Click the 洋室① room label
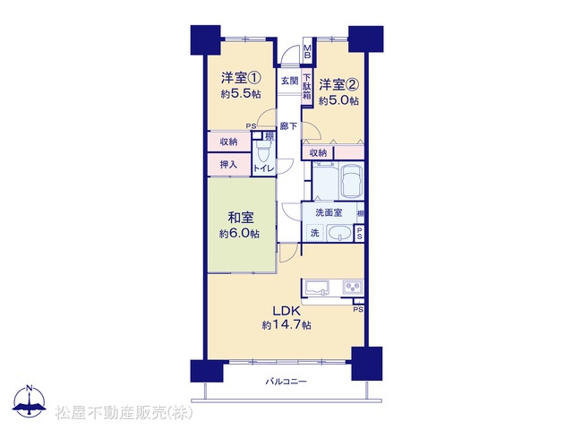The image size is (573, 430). coord(241,78)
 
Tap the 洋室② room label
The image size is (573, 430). coord(338,85)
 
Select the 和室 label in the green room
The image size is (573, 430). coord(241,218)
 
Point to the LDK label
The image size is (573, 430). coord(286,311)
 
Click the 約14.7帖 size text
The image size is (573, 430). coord(286,324)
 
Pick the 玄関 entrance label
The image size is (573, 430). coord(289,81)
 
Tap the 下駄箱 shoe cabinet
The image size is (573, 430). coord(307,88)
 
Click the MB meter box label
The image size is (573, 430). coord(307,52)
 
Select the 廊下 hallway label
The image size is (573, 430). coord(288,126)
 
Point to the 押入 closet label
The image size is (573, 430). coord(228,165)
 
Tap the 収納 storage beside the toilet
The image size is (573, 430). coord(229,142)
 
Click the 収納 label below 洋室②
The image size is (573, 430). coord(318,153)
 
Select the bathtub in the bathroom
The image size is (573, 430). coord(352,181)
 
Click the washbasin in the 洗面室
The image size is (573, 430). coord(339,233)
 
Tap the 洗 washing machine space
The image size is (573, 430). coord(315,233)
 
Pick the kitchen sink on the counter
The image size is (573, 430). coord(317,288)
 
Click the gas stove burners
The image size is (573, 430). coord(353,287)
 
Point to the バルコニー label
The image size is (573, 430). coord(286,382)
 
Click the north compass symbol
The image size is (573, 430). coord(30,400)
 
